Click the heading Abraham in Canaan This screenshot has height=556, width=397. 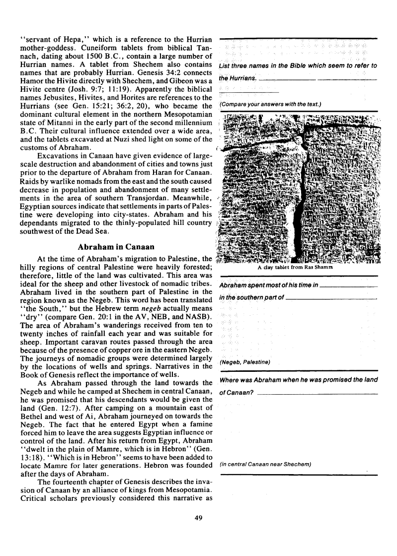click(x=116, y=247)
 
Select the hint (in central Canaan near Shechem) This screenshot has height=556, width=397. click(x=265, y=464)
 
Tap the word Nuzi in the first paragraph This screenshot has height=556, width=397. click(x=131, y=140)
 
